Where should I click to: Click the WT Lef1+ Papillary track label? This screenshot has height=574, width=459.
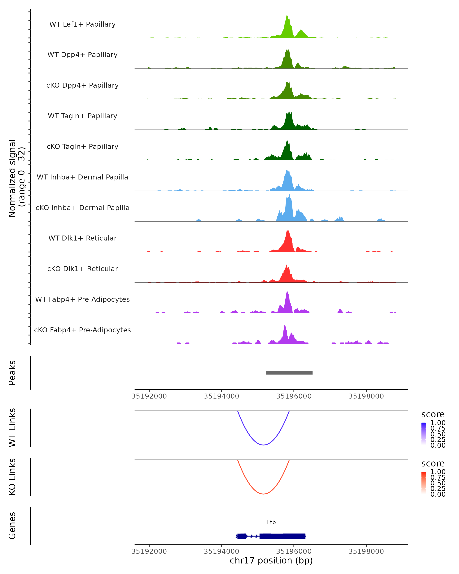coord(82,24)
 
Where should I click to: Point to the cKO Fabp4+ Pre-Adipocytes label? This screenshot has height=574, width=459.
coord(82,330)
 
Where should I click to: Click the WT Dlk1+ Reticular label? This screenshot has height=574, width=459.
coord(82,238)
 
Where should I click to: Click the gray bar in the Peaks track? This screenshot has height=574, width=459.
coord(289,373)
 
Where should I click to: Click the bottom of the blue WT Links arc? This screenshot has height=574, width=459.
coord(263,445)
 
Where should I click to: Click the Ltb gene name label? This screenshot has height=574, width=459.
coord(271,522)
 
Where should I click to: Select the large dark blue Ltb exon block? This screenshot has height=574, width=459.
coord(282,536)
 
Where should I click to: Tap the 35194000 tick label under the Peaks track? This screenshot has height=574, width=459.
coord(221,396)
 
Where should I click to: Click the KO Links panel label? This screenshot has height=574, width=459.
coord(12,477)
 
